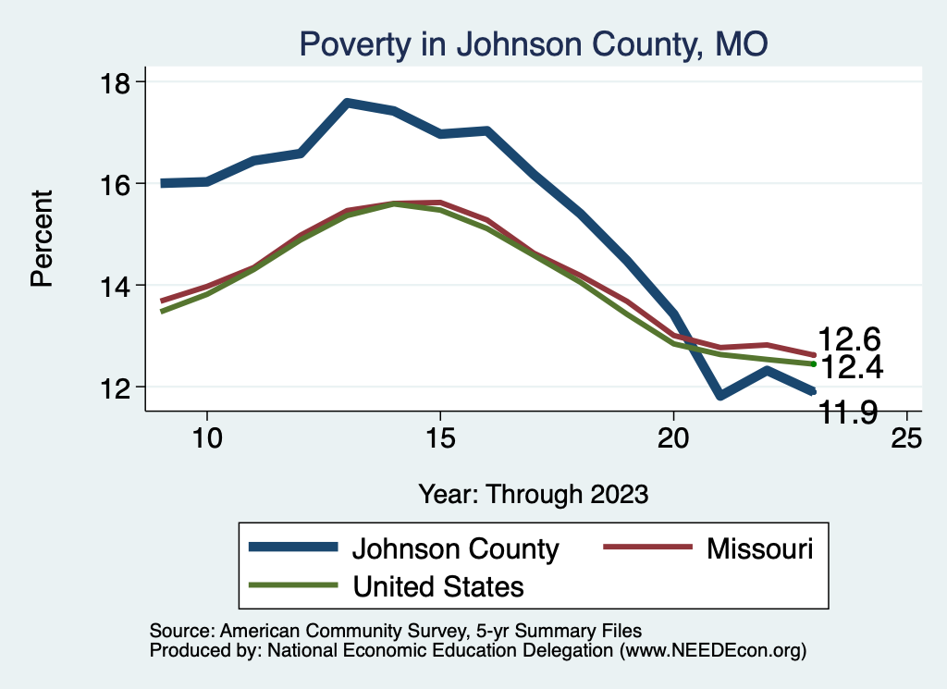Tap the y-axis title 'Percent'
point(43,238)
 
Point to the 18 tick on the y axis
point(119,82)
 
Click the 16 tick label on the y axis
point(119,183)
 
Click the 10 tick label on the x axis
point(207,438)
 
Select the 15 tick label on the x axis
point(440,438)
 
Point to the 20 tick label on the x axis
point(673,438)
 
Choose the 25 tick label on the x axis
point(906,438)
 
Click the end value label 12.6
point(849,339)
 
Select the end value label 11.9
point(849,413)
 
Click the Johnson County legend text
point(455,548)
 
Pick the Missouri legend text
point(760,548)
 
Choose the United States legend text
point(437,585)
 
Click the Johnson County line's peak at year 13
point(347,103)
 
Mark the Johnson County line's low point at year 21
point(719,396)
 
